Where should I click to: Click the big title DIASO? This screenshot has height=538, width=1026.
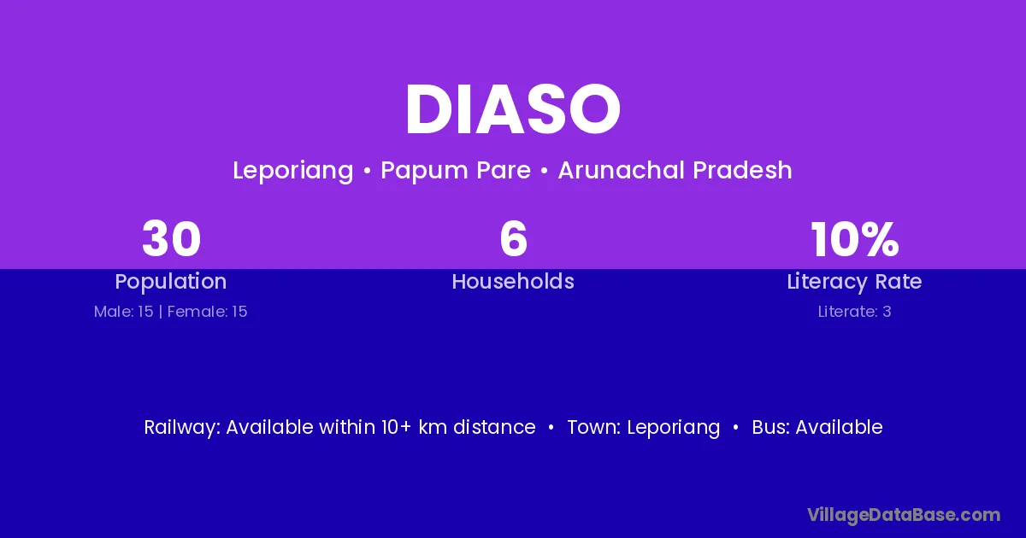point(513,109)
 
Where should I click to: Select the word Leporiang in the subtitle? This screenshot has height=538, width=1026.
point(293,171)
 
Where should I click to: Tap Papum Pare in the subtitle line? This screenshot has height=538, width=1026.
point(456,171)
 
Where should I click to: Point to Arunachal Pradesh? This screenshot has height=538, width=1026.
point(675,170)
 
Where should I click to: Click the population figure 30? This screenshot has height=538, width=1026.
point(171,239)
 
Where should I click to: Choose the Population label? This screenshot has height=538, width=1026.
point(171,282)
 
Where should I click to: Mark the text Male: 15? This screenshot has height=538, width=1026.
point(124,312)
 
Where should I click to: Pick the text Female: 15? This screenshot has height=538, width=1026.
point(208,312)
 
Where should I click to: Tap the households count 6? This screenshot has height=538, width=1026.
point(514,239)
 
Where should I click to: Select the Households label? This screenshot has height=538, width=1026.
point(513,281)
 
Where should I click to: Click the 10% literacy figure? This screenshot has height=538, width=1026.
point(855,239)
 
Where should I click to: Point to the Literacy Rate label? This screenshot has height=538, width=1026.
point(855,282)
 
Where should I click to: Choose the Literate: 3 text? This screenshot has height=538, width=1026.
point(855,312)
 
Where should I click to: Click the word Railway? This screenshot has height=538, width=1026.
point(182,428)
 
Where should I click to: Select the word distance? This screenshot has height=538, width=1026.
point(495,427)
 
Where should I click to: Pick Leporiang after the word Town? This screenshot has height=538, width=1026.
point(674,428)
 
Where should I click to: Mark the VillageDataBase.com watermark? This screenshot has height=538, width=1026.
point(905,515)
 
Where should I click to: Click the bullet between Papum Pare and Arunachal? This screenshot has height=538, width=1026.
point(544,172)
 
